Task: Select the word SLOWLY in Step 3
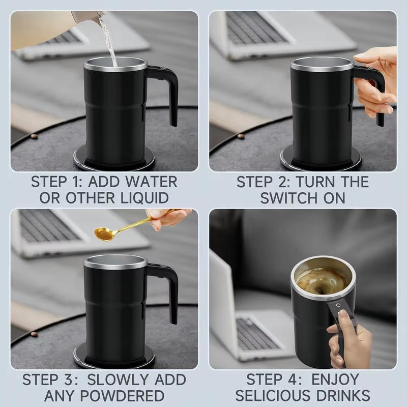click(117, 380)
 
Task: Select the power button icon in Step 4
click(339, 306)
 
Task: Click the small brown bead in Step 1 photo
click(34, 136)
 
